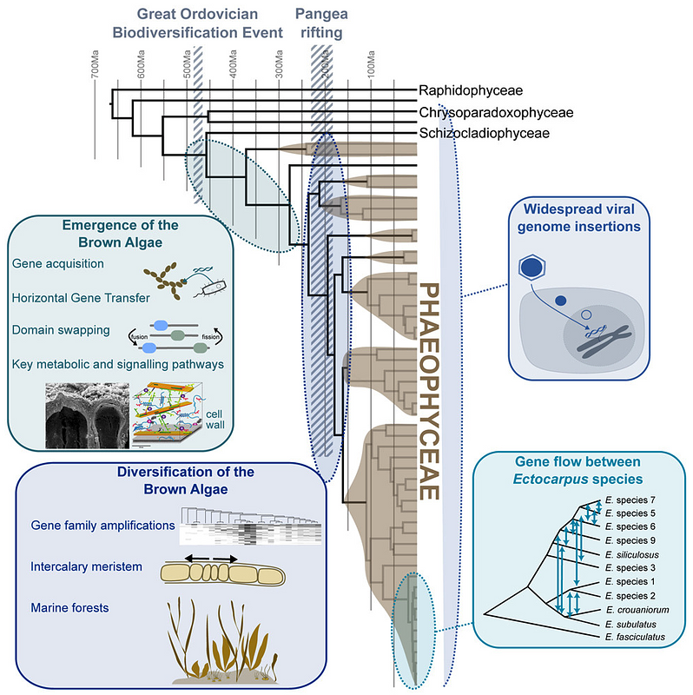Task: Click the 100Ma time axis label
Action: click(371, 65)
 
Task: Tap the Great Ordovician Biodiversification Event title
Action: click(209, 23)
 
